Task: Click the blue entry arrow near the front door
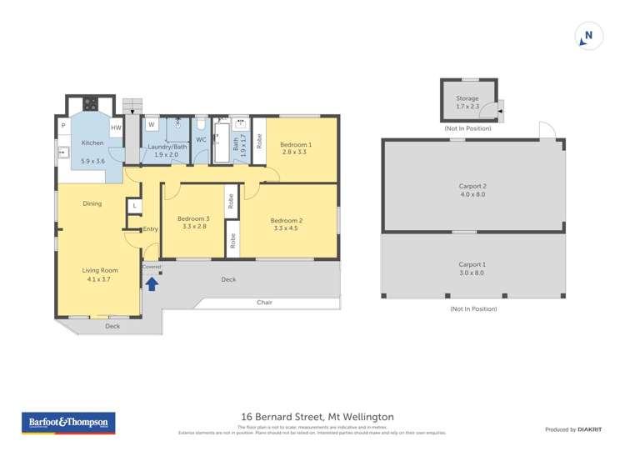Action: coord(152,284)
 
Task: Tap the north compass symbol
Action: coord(588,36)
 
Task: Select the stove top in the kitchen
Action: coord(89,105)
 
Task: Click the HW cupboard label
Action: coord(116,128)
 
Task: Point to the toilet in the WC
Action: coord(201,126)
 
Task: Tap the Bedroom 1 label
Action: coord(295,144)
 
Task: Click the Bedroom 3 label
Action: coord(193,219)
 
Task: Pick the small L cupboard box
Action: coord(134,205)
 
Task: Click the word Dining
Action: coord(92,203)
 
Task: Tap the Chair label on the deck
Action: coord(265,302)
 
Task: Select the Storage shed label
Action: coord(467,98)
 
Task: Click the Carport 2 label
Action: coord(472,186)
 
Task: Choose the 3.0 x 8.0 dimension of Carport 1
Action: coord(472,273)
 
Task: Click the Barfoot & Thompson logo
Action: coord(68,423)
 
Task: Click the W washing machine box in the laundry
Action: coord(152,125)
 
